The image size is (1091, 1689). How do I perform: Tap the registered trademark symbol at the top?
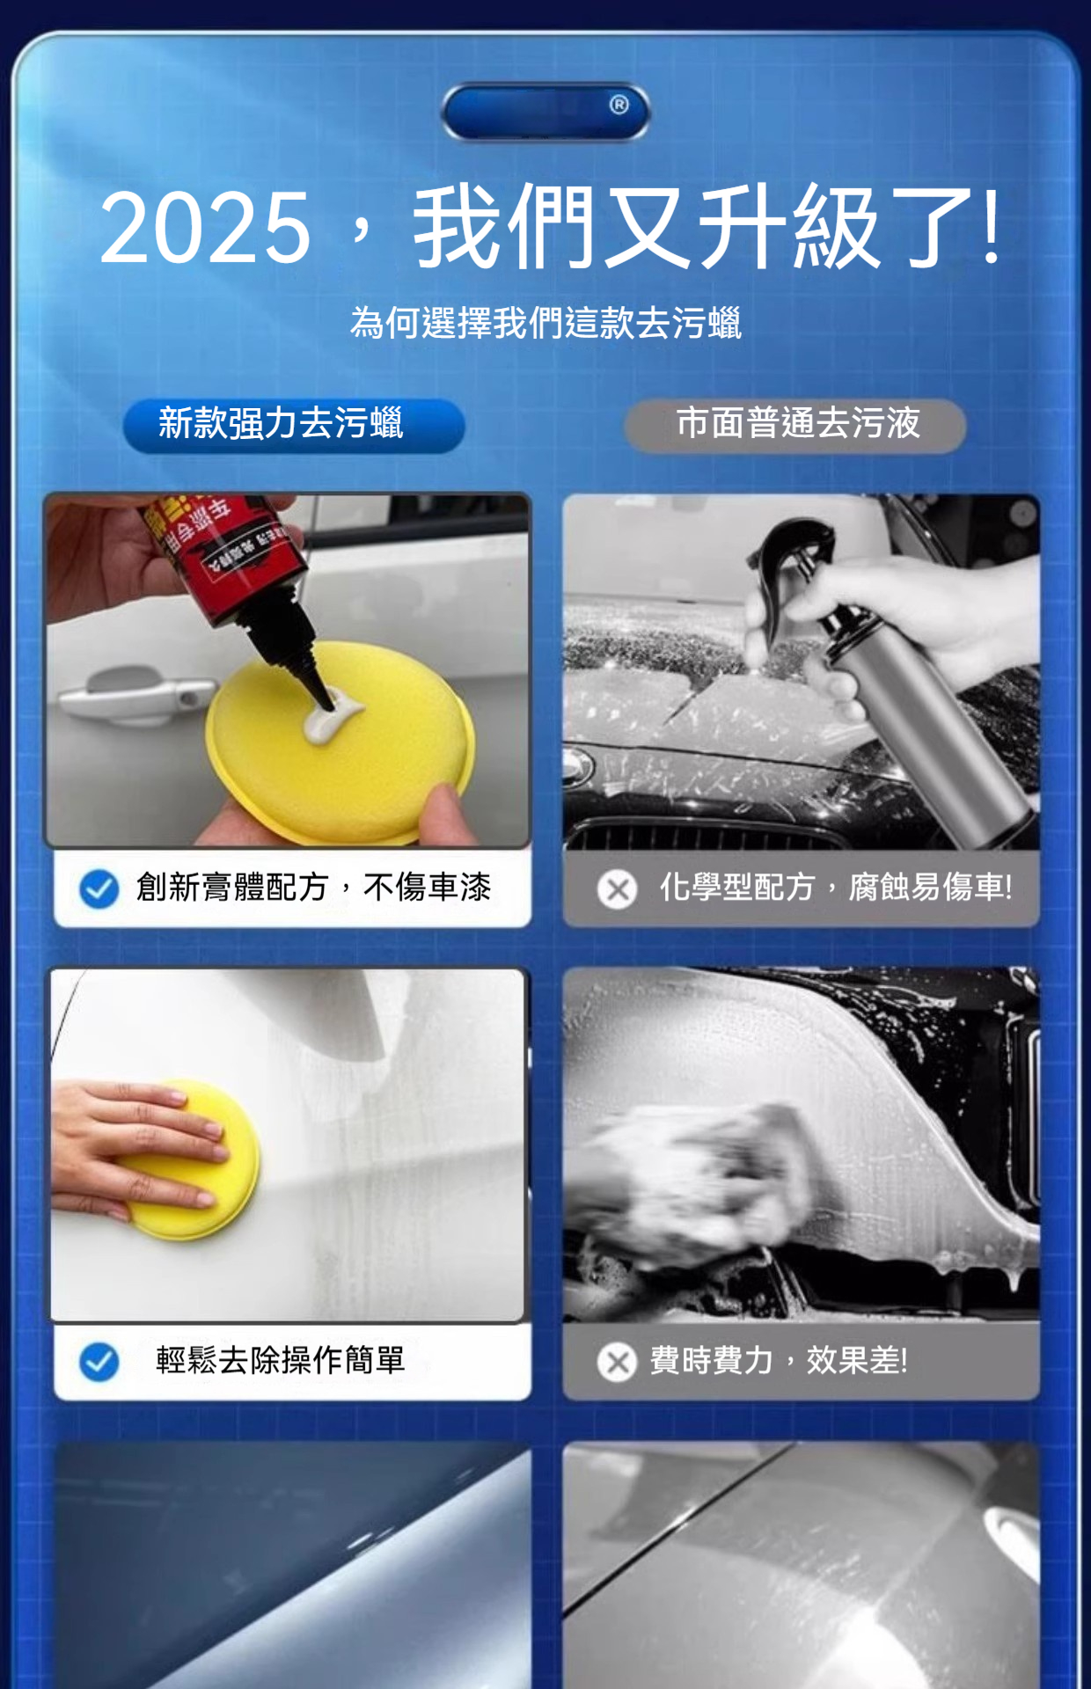pyautogui.click(x=619, y=105)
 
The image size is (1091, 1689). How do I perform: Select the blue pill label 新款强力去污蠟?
pyautogui.click(x=293, y=425)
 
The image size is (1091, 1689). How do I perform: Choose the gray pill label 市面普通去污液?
pyautogui.click(x=795, y=425)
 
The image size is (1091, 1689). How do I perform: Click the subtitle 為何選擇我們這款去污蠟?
pyautogui.click(x=545, y=323)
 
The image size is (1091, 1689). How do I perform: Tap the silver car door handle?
pyautogui.click(x=132, y=694)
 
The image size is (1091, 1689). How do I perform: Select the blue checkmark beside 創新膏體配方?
pyautogui.click(x=99, y=888)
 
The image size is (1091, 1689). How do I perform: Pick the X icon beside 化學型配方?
pyautogui.click(x=618, y=889)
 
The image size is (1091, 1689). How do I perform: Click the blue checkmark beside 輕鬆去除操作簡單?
pyautogui.click(x=99, y=1362)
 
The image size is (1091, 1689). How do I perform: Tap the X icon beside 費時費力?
pyautogui.click(x=618, y=1363)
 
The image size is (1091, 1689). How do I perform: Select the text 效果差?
pyautogui.click(x=857, y=1361)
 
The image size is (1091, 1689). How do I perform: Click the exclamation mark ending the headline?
pyautogui.click(x=992, y=226)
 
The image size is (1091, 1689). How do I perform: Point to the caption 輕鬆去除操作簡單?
pyautogui.click(x=281, y=1361)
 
